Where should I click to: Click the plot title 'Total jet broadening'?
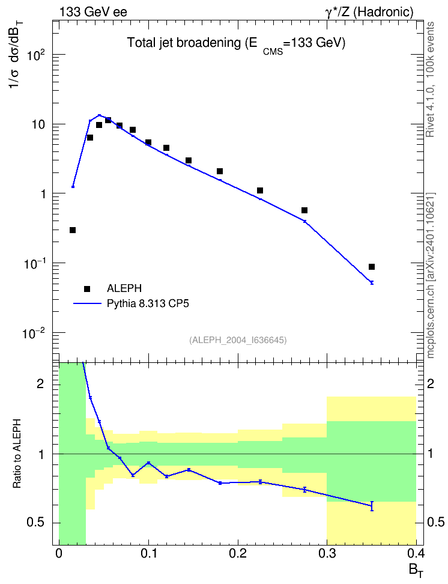pyautogui.click(x=184, y=43)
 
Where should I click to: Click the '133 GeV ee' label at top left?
pyautogui.click(x=93, y=12)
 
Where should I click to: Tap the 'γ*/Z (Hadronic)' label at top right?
pyautogui.click(x=369, y=12)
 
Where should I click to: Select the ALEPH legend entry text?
pyautogui.click(x=124, y=288)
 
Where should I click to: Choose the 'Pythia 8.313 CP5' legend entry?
pyautogui.click(x=148, y=303)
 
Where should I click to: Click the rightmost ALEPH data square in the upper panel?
pyautogui.click(x=372, y=267)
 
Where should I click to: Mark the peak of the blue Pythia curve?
pyautogui.click(x=99, y=115)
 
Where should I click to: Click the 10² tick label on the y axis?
pyautogui.click(x=37, y=55)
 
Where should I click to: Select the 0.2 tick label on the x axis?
pyautogui.click(x=238, y=553)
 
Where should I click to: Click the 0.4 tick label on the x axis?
pyautogui.click(x=416, y=553)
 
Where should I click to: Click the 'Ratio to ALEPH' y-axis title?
pyautogui.click(x=17, y=453)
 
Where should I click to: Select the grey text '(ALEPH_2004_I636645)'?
pyautogui.click(x=238, y=340)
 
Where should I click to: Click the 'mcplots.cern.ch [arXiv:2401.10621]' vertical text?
pyautogui.click(x=431, y=275)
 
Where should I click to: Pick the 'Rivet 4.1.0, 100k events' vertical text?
pyautogui.click(x=430, y=79)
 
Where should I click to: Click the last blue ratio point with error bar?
pyautogui.click(x=372, y=506)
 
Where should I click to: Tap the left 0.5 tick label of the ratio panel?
pyautogui.click(x=35, y=523)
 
